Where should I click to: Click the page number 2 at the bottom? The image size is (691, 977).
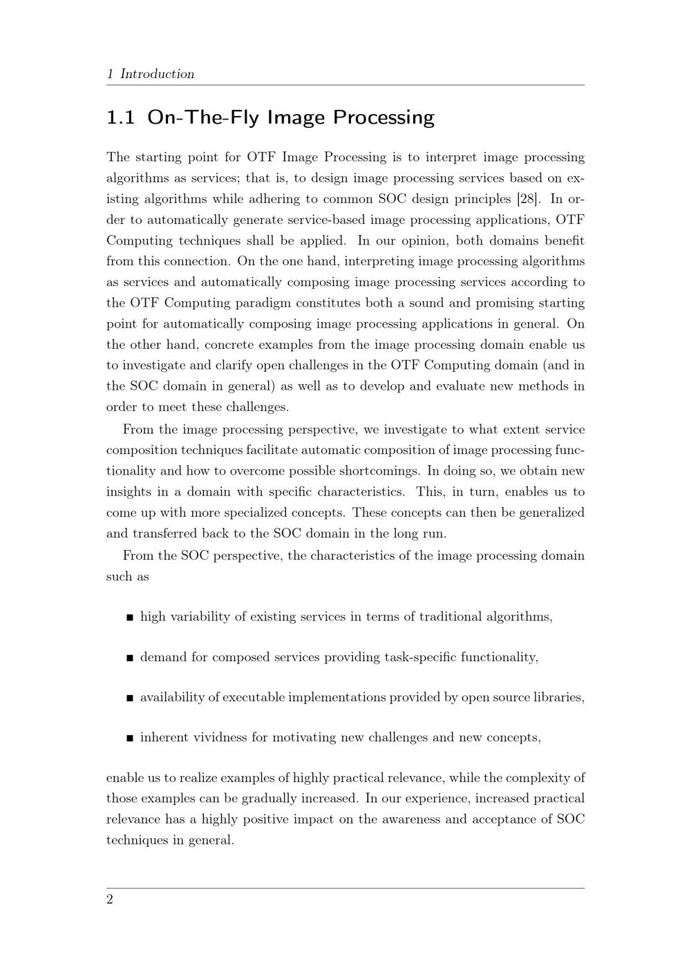[110, 900]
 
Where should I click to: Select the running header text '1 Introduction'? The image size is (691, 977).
[151, 74]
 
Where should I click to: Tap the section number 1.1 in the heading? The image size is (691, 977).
[120, 117]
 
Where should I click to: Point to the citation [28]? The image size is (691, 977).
[529, 199]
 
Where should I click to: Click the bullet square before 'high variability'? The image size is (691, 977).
[130, 618]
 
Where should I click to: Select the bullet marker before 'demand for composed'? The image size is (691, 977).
[130, 658]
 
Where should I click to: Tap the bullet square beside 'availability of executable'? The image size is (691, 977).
[130, 698]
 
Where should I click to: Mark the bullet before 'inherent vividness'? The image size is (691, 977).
[130, 738]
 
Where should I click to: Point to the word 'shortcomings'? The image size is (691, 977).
[379, 471]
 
